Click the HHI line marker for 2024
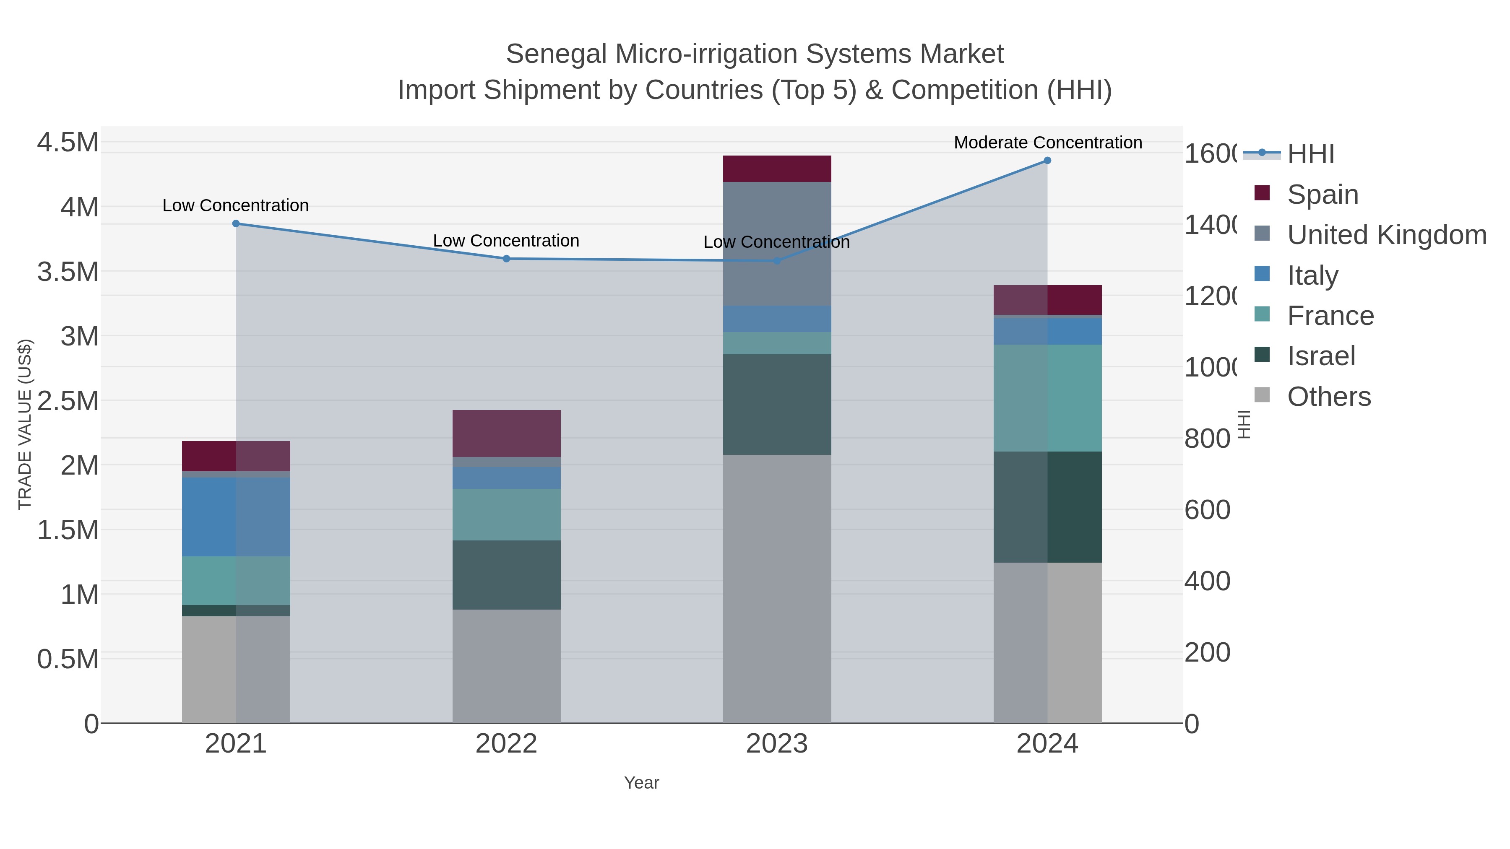(x=1047, y=161)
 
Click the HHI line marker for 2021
(x=236, y=223)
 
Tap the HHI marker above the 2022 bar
(x=506, y=258)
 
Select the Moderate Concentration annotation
(x=1047, y=143)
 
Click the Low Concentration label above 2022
(x=506, y=241)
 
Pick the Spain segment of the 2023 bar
(x=777, y=169)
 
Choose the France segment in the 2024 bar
(x=1047, y=398)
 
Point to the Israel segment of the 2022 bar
(x=506, y=574)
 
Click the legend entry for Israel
(x=1321, y=356)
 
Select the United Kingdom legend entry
(x=1386, y=234)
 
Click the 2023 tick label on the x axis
(x=777, y=743)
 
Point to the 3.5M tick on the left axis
(x=68, y=272)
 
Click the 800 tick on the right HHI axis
(x=1207, y=438)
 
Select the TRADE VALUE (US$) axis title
(x=25, y=424)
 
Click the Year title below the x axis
(x=641, y=783)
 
